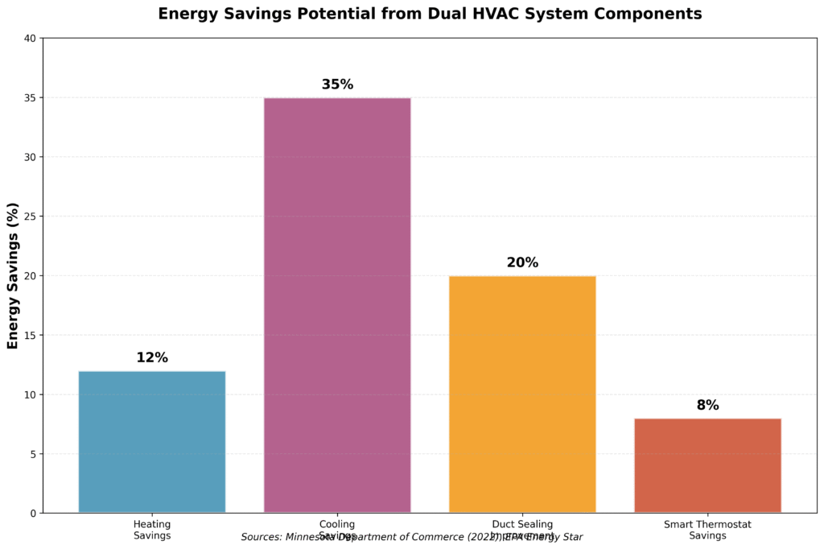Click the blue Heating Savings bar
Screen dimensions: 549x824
pos(152,442)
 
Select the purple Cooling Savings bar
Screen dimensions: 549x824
pos(337,305)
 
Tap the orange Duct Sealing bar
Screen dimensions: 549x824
pos(522,394)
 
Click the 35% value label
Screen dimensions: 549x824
pos(337,85)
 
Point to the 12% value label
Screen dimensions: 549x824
pos(152,358)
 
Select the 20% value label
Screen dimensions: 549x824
pos(522,263)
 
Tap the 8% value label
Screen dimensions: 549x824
pos(707,406)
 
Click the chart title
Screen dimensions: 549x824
pos(430,14)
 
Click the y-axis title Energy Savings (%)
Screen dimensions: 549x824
pos(13,275)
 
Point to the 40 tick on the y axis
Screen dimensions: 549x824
pos(31,39)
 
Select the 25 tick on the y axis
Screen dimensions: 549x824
pos(31,217)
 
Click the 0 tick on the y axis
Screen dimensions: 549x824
pos(34,514)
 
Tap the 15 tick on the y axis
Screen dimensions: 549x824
pos(31,336)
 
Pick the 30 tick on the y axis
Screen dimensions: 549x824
pos(31,157)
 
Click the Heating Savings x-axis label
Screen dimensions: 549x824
pos(152,530)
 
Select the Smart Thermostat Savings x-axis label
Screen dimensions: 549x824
pos(707,530)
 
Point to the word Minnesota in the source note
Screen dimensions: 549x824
pos(316,536)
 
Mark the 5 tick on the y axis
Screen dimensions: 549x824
pos(34,454)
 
